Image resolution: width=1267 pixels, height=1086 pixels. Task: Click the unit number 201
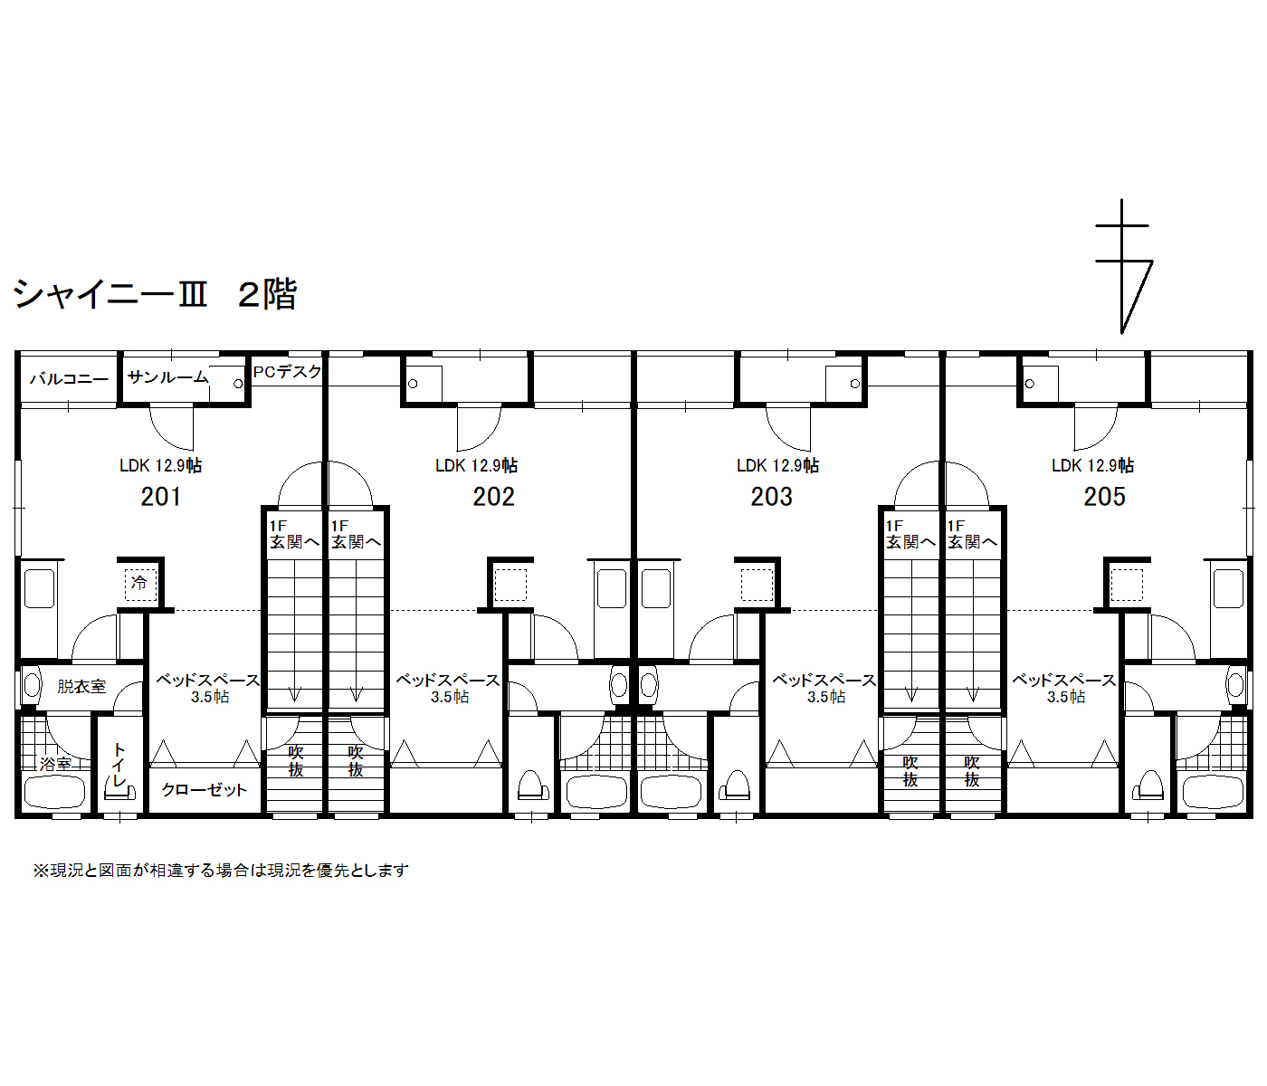point(160,497)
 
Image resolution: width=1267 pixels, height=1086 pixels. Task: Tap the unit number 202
point(493,497)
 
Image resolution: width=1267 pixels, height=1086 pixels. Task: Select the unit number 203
point(771,497)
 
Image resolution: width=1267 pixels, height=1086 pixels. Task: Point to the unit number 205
point(1104,497)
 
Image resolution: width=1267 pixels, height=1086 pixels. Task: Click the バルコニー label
point(70,379)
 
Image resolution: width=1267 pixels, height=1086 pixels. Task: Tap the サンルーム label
point(168,377)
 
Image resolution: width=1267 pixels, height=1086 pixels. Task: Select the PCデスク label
point(288,371)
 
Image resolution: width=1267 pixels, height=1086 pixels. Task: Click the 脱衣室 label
point(81,686)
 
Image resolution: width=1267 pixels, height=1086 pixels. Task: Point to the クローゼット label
point(205,790)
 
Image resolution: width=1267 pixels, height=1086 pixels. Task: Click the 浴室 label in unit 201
point(55,764)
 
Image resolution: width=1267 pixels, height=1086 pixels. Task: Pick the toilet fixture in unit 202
point(532,785)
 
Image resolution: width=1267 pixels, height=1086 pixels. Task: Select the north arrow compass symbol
point(1123,267)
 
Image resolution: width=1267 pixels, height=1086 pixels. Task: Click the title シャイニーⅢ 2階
point(155,294)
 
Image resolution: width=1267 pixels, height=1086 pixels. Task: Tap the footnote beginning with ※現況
point(221,871)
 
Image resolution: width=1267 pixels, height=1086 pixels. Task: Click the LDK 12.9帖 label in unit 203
point(777,466)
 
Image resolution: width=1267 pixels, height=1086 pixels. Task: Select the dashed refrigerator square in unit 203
point(757,586)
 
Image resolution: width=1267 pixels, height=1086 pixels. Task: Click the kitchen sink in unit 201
point(40,588)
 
